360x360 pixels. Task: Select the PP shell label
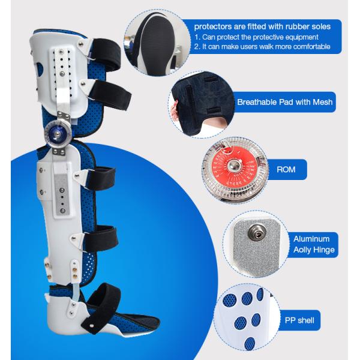299,320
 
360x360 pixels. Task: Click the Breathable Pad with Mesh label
284,102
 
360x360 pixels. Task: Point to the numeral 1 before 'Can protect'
196,37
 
